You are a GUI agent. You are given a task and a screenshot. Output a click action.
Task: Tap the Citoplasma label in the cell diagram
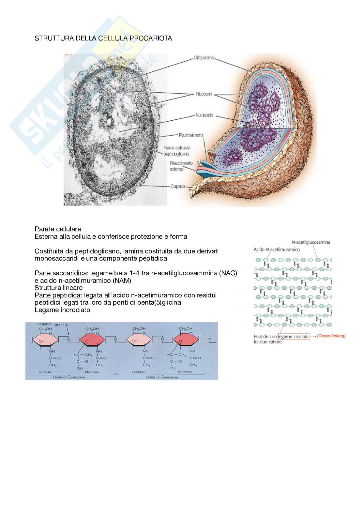204,58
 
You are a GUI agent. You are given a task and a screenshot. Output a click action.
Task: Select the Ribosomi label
204,94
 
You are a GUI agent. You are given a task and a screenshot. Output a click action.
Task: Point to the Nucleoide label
204,115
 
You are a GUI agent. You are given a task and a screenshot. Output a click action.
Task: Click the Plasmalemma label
191,135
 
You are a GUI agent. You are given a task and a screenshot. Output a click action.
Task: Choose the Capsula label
178,187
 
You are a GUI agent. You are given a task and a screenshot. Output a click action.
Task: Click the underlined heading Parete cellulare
58,229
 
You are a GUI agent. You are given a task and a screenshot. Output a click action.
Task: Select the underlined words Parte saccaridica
61,273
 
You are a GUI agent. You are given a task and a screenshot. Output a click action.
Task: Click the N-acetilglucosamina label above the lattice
311,242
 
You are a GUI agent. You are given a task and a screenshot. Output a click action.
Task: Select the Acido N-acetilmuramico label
277,250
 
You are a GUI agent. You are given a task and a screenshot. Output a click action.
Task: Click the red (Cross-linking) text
331,336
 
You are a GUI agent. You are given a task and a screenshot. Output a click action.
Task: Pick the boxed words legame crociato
294,337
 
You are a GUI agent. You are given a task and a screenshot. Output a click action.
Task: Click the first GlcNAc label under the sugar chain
45,372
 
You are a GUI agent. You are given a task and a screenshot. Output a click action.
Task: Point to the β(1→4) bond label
61,325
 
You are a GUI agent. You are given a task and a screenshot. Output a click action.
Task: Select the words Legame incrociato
62,310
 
